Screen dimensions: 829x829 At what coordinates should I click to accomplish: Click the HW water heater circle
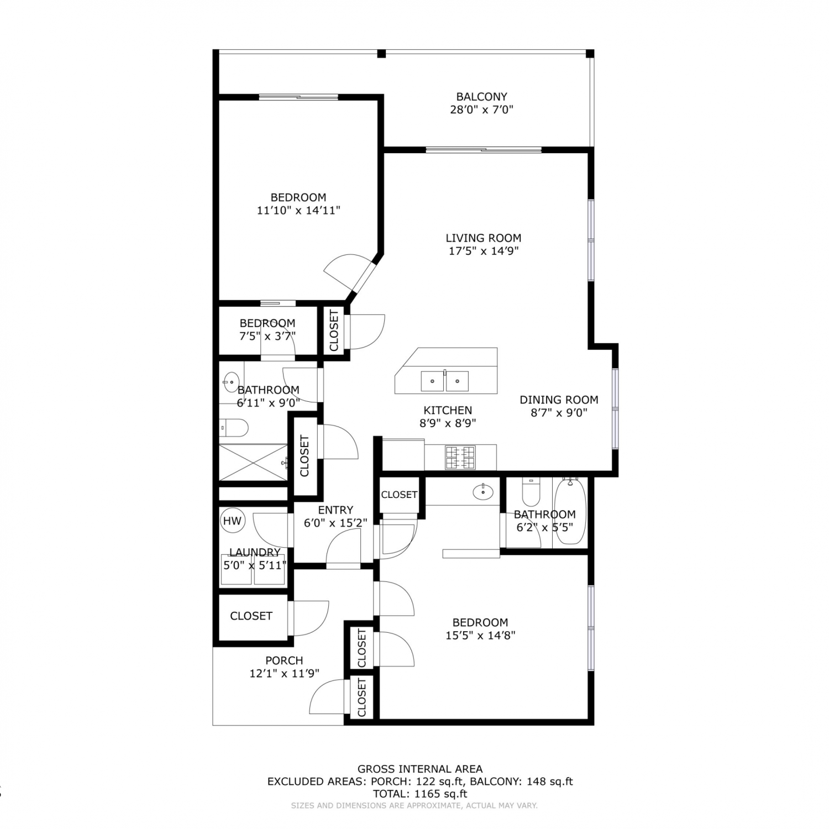[233, 521]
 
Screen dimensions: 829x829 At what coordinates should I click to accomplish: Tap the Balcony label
[481, 97]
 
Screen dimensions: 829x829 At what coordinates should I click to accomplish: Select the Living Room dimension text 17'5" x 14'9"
[484, 251]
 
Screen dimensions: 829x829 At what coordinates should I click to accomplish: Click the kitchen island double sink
[445, 381]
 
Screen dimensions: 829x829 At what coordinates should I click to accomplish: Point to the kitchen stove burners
[460, 458]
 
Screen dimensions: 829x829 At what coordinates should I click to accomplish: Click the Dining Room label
[559, 400]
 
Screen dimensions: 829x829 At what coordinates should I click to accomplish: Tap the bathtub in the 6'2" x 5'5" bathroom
[570, 512]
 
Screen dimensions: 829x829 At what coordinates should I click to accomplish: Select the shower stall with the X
[253, 462]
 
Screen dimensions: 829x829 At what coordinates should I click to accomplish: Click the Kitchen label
[448, 410]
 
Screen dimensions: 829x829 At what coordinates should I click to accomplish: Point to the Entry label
[335, 510]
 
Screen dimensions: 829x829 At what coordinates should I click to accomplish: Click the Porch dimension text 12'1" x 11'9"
[284, 674]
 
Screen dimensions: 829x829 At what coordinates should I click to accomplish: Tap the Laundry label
[255, 553]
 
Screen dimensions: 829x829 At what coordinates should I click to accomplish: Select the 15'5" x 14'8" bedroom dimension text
[480, 636]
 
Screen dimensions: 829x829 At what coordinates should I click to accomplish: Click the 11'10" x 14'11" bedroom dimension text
[298, 211]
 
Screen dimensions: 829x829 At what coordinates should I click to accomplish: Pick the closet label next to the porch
[251, 616]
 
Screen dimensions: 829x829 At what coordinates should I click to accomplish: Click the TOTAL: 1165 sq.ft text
[420, 794]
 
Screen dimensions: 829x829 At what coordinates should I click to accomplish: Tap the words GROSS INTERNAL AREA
[420, 769]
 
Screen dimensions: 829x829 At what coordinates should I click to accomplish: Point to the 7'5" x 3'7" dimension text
[267, 336]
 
